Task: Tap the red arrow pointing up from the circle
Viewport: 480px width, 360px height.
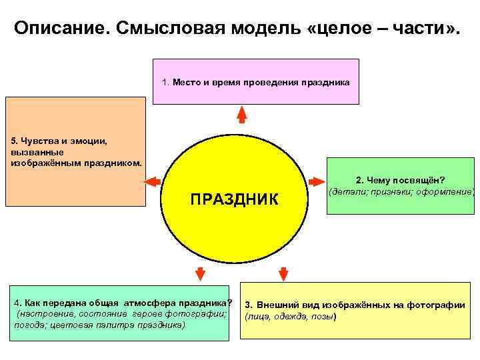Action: (242, 115)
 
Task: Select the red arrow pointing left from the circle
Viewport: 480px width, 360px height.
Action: (151, 181)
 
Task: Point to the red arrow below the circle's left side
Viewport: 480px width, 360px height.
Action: (198, 273)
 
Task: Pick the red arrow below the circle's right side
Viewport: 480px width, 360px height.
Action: (283, 273)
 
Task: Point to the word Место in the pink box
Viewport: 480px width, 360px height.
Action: (187, 83)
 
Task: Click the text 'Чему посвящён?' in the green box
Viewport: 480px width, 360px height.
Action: (407, 180)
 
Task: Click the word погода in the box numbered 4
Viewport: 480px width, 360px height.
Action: (28, 325)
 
